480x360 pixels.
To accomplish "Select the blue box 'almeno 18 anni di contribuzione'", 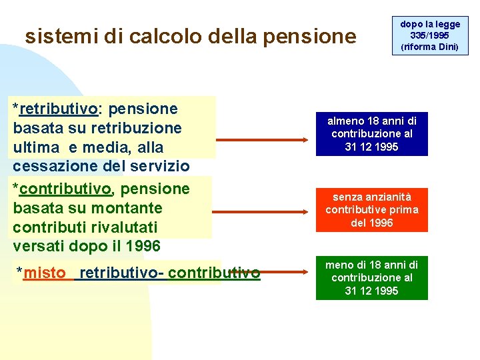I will click(x=372, y=134).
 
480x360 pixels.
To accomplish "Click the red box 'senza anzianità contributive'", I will click(x=372, y=210).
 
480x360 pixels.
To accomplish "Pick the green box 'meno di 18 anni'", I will click(x=372, y=278).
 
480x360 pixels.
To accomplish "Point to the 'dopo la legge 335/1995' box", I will click(x=430, y=35).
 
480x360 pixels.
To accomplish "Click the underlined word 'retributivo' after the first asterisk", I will click(x=59, y=109).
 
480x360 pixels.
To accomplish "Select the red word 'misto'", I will click(x=45, y=273).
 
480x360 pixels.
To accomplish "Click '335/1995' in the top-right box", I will click(x=430, y=35).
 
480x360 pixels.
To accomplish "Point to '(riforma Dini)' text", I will click(x=430, y=47).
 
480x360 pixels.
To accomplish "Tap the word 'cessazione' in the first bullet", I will click(x=51, y=165).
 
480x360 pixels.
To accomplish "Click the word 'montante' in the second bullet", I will click(x=126, y=208).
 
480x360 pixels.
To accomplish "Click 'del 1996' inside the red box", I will click(x=372, y=223).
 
